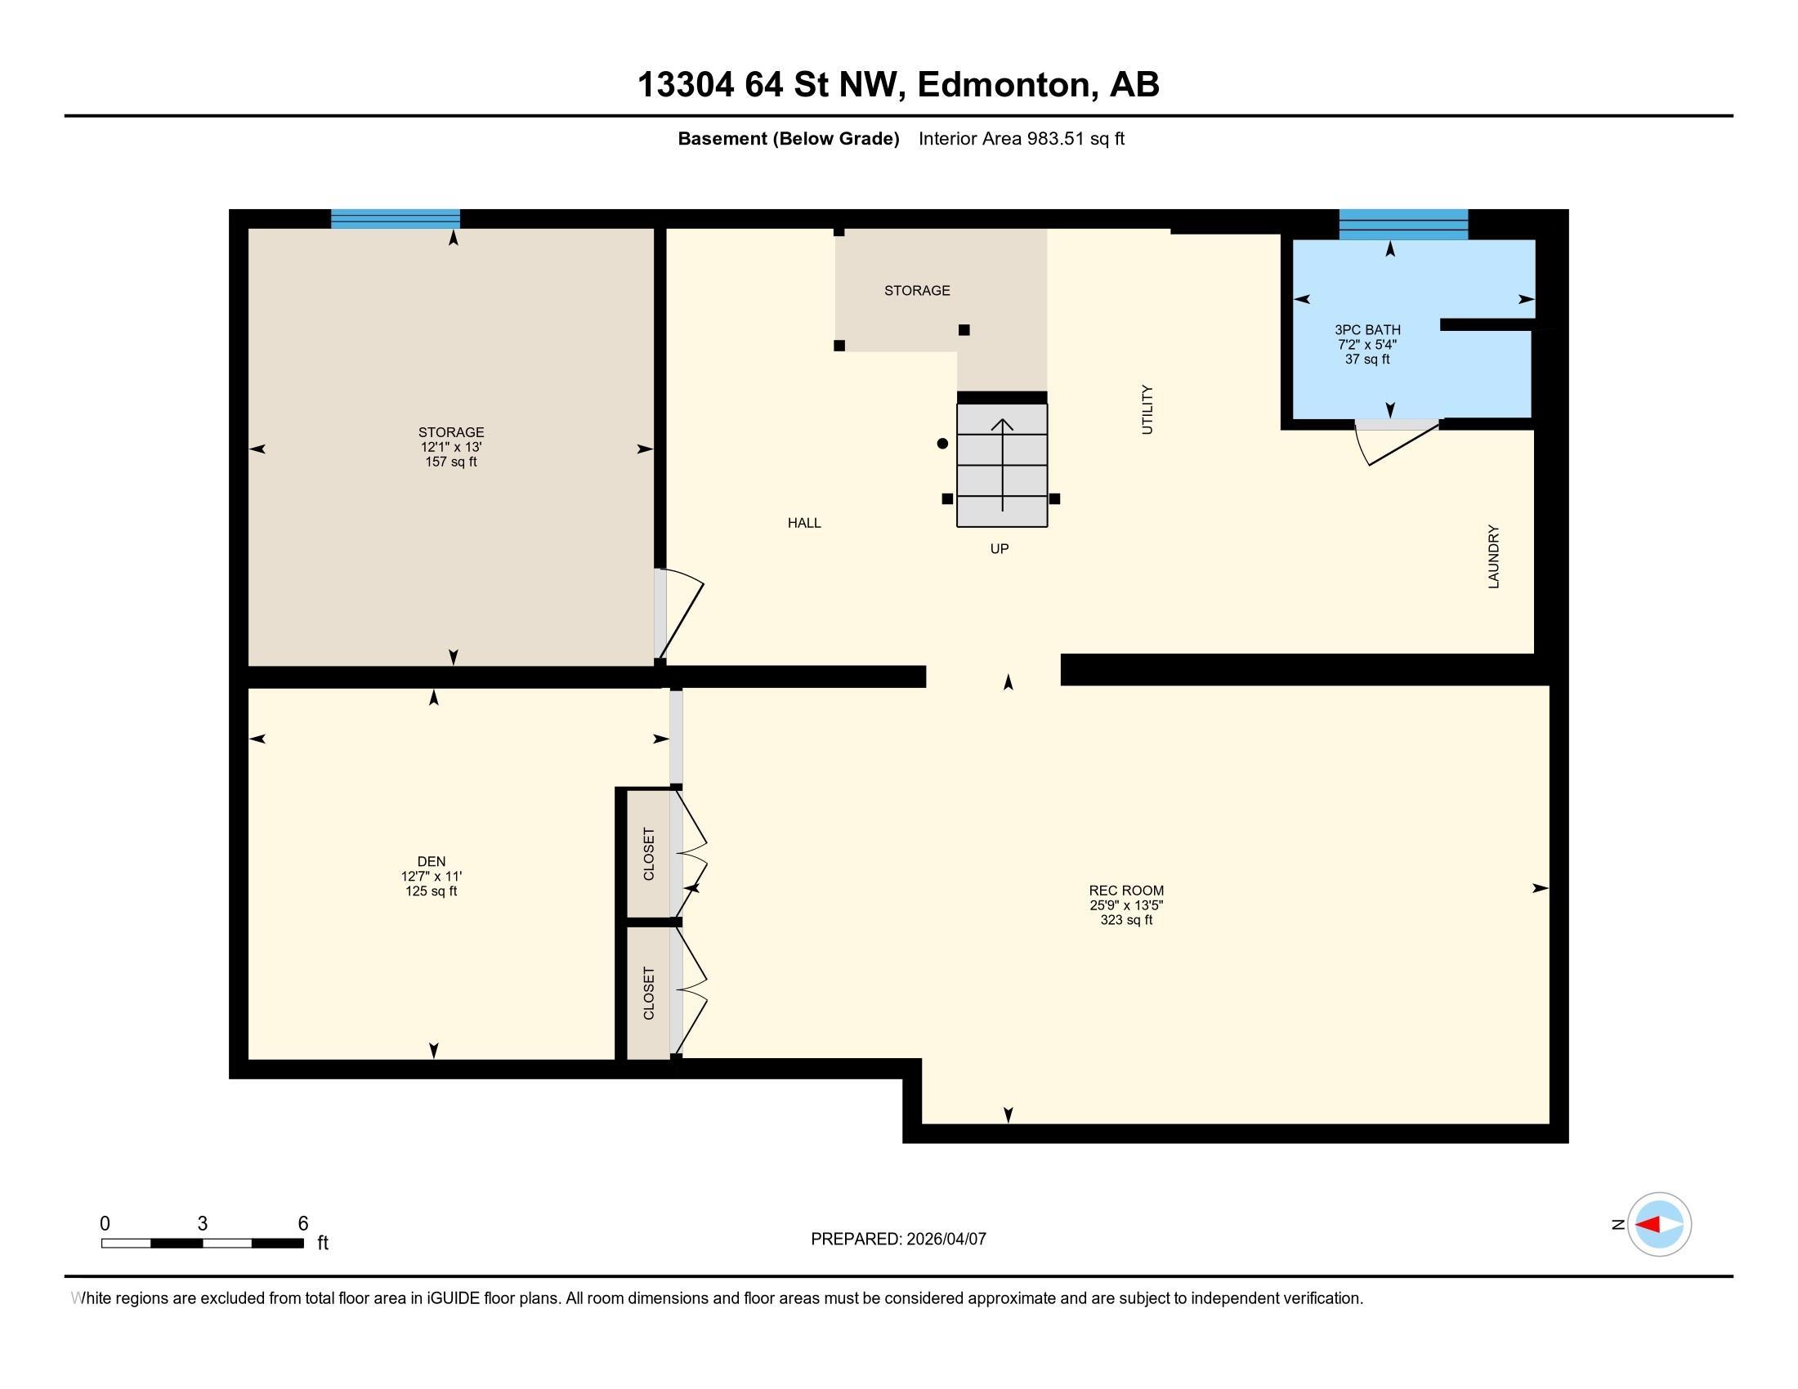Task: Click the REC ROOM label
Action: (x=1126, y=891)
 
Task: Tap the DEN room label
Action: (x=432, y=861)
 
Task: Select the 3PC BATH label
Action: (x=1367, y=330)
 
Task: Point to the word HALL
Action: (x=804, y=523)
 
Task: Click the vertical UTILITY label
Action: (x=1147, y=410)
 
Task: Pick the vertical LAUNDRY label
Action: (x=1493, y=556)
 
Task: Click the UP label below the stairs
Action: (x=1000, y=549)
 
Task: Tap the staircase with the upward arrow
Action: (x=1002, y=465)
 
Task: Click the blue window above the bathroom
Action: (x=1403, y=224)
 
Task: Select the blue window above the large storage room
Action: (x=396, y=219)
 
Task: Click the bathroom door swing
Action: (x=1397, y=443)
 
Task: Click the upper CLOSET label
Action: (x=649, y=854)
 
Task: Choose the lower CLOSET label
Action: (x=649, y=994)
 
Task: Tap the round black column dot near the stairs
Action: (x=942, y=444)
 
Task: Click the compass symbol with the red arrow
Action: (x=1659, y=1225)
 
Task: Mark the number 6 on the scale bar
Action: (x=303, y=1224)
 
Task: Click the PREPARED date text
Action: (x=898, y=1239)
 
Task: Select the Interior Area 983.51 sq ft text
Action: (x=1022, y=138)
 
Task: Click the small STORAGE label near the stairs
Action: (x=917, y=291)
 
